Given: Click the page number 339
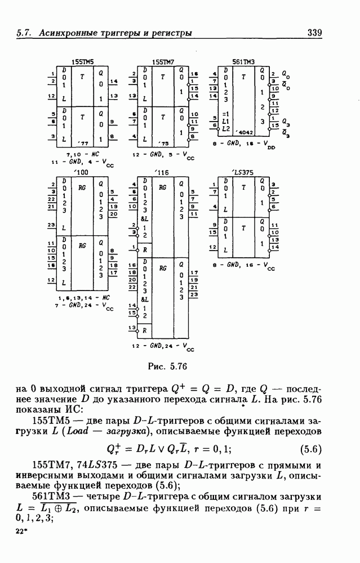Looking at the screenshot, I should point(314,33).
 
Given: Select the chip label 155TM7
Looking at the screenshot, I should point(163,61).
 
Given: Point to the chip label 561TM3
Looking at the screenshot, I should point(243,60).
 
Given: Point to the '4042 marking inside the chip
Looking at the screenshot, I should point(245,133).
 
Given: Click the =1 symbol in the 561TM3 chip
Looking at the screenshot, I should point(226,113).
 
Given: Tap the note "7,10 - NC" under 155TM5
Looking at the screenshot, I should point(81,154).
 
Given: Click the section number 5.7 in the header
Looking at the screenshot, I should point(24,33).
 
